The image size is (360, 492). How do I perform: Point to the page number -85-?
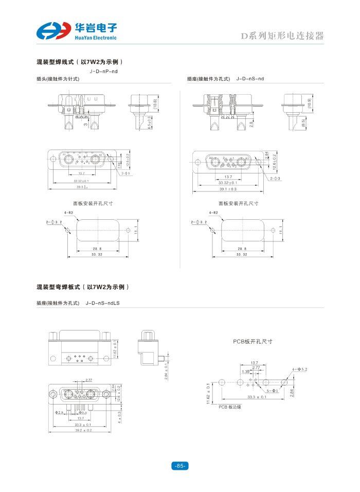(180, 466)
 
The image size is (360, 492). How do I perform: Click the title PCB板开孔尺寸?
(253, 341)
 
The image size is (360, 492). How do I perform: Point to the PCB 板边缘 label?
(230, 407)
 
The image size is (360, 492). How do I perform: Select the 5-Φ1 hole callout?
(272, 391)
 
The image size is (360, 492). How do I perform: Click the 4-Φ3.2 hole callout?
(299, 370)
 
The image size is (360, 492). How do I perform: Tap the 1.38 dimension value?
(245, 372)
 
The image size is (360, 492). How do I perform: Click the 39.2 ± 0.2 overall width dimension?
(83, 430)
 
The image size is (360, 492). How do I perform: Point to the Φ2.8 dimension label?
(59, 412)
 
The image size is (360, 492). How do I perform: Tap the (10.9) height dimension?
(309, 103)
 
